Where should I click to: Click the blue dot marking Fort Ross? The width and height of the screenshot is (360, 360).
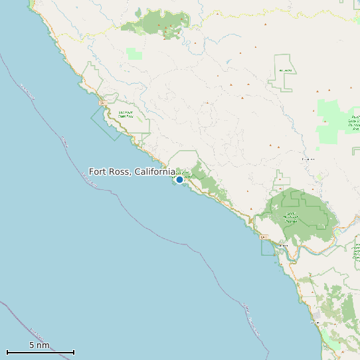(x=179, y=179)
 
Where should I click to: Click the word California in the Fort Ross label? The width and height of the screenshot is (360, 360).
(x=154, y=172)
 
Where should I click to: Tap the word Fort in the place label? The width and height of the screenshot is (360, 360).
(x=98, y=172)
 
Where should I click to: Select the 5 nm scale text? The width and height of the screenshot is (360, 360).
(x=39, y=345)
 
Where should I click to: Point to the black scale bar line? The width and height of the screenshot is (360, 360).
(x=40, y=352)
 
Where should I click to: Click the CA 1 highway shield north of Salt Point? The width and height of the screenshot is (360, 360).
(x=102, y=103)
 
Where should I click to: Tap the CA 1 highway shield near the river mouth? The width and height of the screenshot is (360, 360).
(x=264, y=237)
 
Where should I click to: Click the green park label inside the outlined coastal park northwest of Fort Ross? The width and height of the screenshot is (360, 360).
(x=126, y=114)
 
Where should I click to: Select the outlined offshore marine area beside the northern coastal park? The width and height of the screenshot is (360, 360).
(x=105, y=124)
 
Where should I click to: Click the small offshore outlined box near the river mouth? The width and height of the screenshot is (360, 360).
(x=268, y=248)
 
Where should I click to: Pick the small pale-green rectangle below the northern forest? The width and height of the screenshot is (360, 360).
(x=134, y=54)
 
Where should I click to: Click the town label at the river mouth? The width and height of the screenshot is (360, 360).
(x=283, y=246)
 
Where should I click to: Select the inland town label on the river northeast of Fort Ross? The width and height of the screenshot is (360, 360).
(x=308, y=159)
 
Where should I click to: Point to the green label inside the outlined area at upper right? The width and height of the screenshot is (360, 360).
(x=286, y=70)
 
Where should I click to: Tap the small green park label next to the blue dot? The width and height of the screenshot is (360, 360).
(x=185, y=175)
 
